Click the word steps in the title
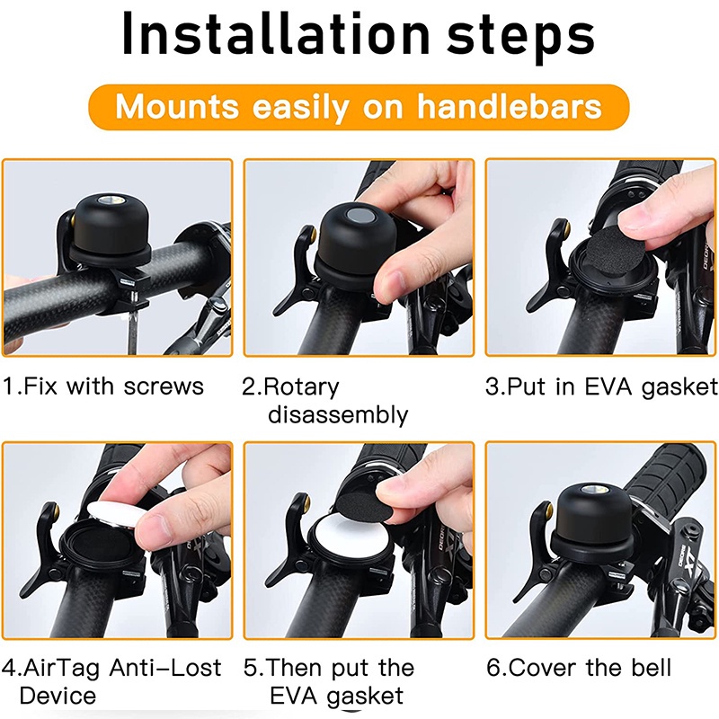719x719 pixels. (520, 37)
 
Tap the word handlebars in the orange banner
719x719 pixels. (509, 106)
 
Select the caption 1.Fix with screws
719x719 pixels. (103, 386)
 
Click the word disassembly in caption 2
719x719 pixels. (338, 415)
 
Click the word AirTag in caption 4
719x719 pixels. (61, 668)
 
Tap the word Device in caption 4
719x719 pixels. (58, 696)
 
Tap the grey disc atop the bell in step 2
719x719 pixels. (359, 214)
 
